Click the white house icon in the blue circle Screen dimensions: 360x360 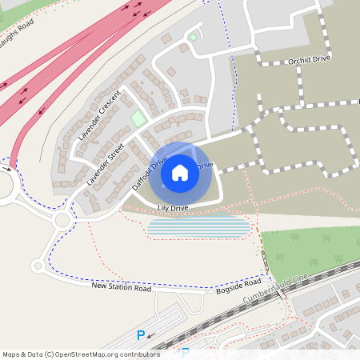pyautogui.click(x=180, y=172)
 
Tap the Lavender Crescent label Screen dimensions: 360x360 pyautogui.click(x=99, y=116)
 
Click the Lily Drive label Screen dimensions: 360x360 pyautogui.click(x=173, y=208)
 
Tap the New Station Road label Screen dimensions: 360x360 pyautogui.click(x=121, y=286)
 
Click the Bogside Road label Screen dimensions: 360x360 pyautogui.click(x=238, y=286)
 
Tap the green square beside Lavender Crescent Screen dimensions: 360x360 pyautogui.click(x=138, y=118)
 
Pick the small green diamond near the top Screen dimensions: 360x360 pyautogui.click(x=192, y=37)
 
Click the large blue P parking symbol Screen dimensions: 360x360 pyautogui.click(x=142, y=336)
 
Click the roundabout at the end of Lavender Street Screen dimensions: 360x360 pyautogui.click(x=62, y=219)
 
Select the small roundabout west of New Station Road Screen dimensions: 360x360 pyautogui.click(x=36, y=266)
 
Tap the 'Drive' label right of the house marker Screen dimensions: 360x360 pyautogui.click(x=206, y=165)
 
